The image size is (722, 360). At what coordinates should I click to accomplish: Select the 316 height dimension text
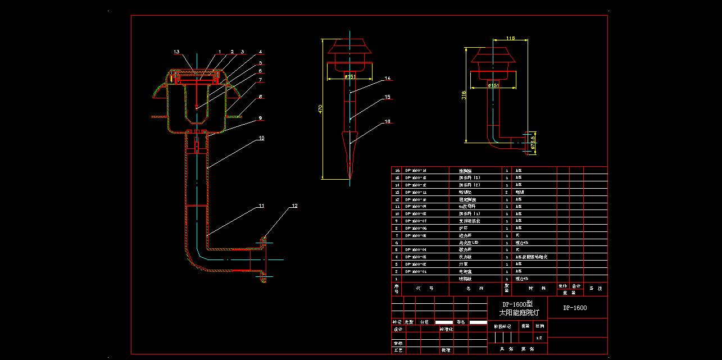tap(464, 95)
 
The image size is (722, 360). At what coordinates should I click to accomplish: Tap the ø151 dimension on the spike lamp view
tap(349, 76)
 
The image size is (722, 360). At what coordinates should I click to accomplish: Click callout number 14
tap(387, 78)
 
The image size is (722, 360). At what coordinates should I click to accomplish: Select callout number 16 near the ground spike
tap(387, 121)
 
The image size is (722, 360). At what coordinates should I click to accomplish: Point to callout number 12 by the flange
tap(294, 206)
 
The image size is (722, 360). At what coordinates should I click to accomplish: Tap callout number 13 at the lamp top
tap(176, 52)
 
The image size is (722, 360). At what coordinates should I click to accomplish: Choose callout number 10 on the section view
tap(261, 138)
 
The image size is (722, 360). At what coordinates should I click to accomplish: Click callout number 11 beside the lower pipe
tap(261, 206)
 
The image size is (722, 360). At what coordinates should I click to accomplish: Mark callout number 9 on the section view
tap(260, 118)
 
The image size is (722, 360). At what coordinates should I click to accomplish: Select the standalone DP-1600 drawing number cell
tap(575, 308)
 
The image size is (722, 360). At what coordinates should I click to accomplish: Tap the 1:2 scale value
tap(539, 338)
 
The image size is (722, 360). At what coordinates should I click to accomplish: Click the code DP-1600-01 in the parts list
tap(416, 271)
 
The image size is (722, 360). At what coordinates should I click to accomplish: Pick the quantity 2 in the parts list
tap(507, 192)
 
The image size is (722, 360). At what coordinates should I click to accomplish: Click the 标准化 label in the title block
tap(446, 329)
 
